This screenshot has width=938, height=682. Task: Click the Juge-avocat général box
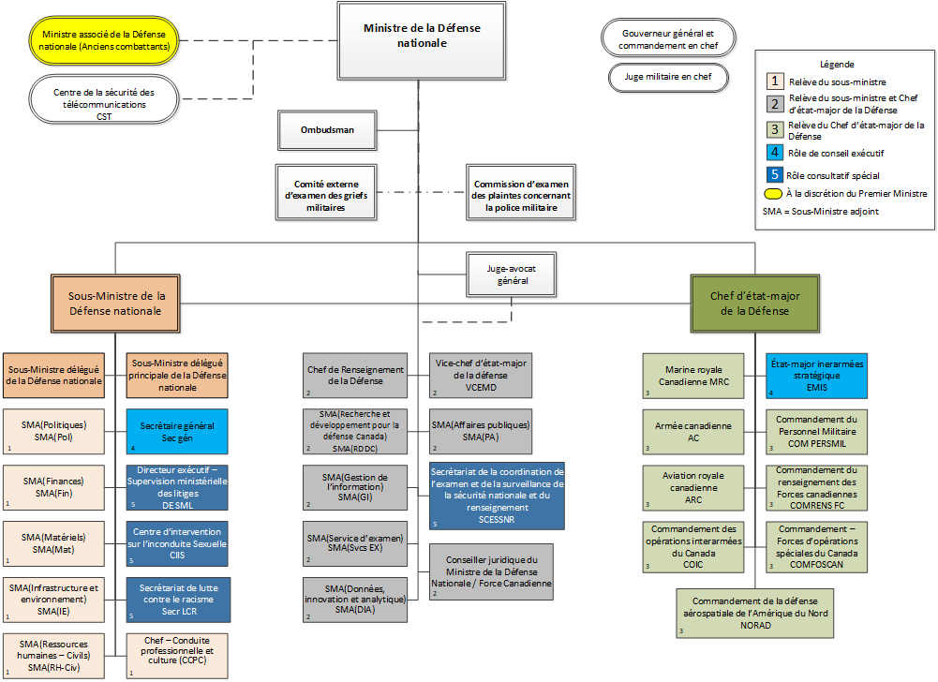[507, 274]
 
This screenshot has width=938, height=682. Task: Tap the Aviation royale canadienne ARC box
[693, 487]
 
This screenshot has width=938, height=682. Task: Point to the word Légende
[837, 64]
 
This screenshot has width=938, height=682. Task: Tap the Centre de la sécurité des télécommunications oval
[103, 97]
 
